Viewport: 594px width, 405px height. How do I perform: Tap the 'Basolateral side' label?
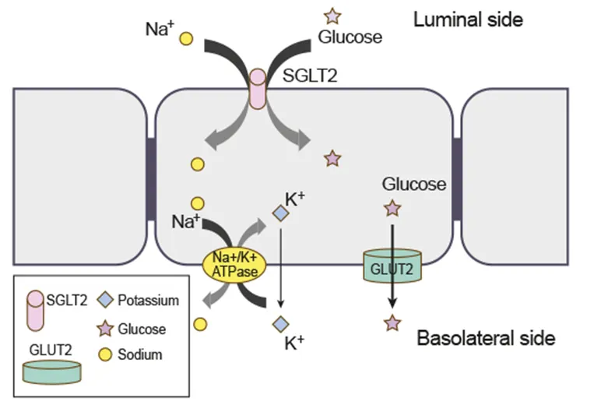(487, 338)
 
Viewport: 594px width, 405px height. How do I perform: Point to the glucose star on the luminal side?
(332, 15)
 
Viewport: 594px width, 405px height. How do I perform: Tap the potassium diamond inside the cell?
(280, 212)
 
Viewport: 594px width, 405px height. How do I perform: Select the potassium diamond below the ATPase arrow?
(280, 323)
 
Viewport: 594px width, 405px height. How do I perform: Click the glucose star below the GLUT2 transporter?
(392, 322)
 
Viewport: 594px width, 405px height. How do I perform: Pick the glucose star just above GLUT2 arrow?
(392, 208)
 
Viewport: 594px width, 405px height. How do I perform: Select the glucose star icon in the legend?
(104, 329)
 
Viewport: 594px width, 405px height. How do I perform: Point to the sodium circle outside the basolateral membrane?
(201, 322)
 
